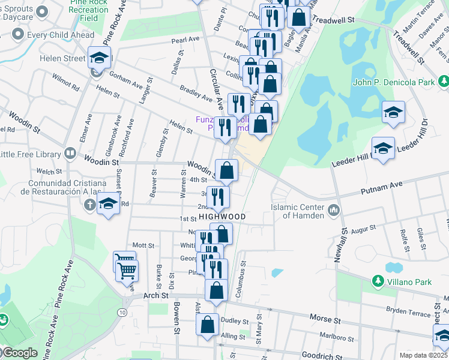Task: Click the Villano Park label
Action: tap(408, 281)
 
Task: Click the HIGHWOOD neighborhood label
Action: tap(223, 216)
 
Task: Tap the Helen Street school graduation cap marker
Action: tap(100, 58)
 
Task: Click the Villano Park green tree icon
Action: tap(378, 280)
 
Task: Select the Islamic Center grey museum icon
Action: tap(334, 210)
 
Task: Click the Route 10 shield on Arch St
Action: tap(122, 313)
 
